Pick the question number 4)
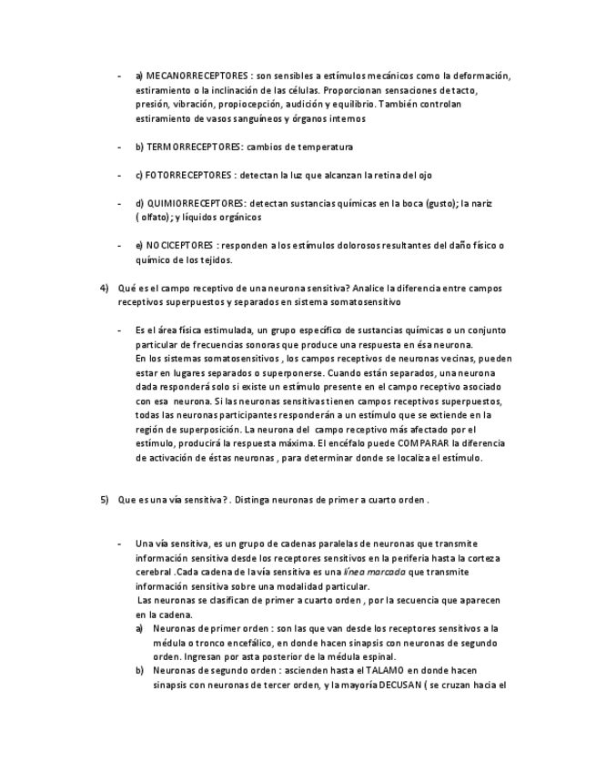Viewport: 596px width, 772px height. coord(105,288)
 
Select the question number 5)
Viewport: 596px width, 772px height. coord(105,500)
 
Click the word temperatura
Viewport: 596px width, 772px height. coord(324,147)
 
